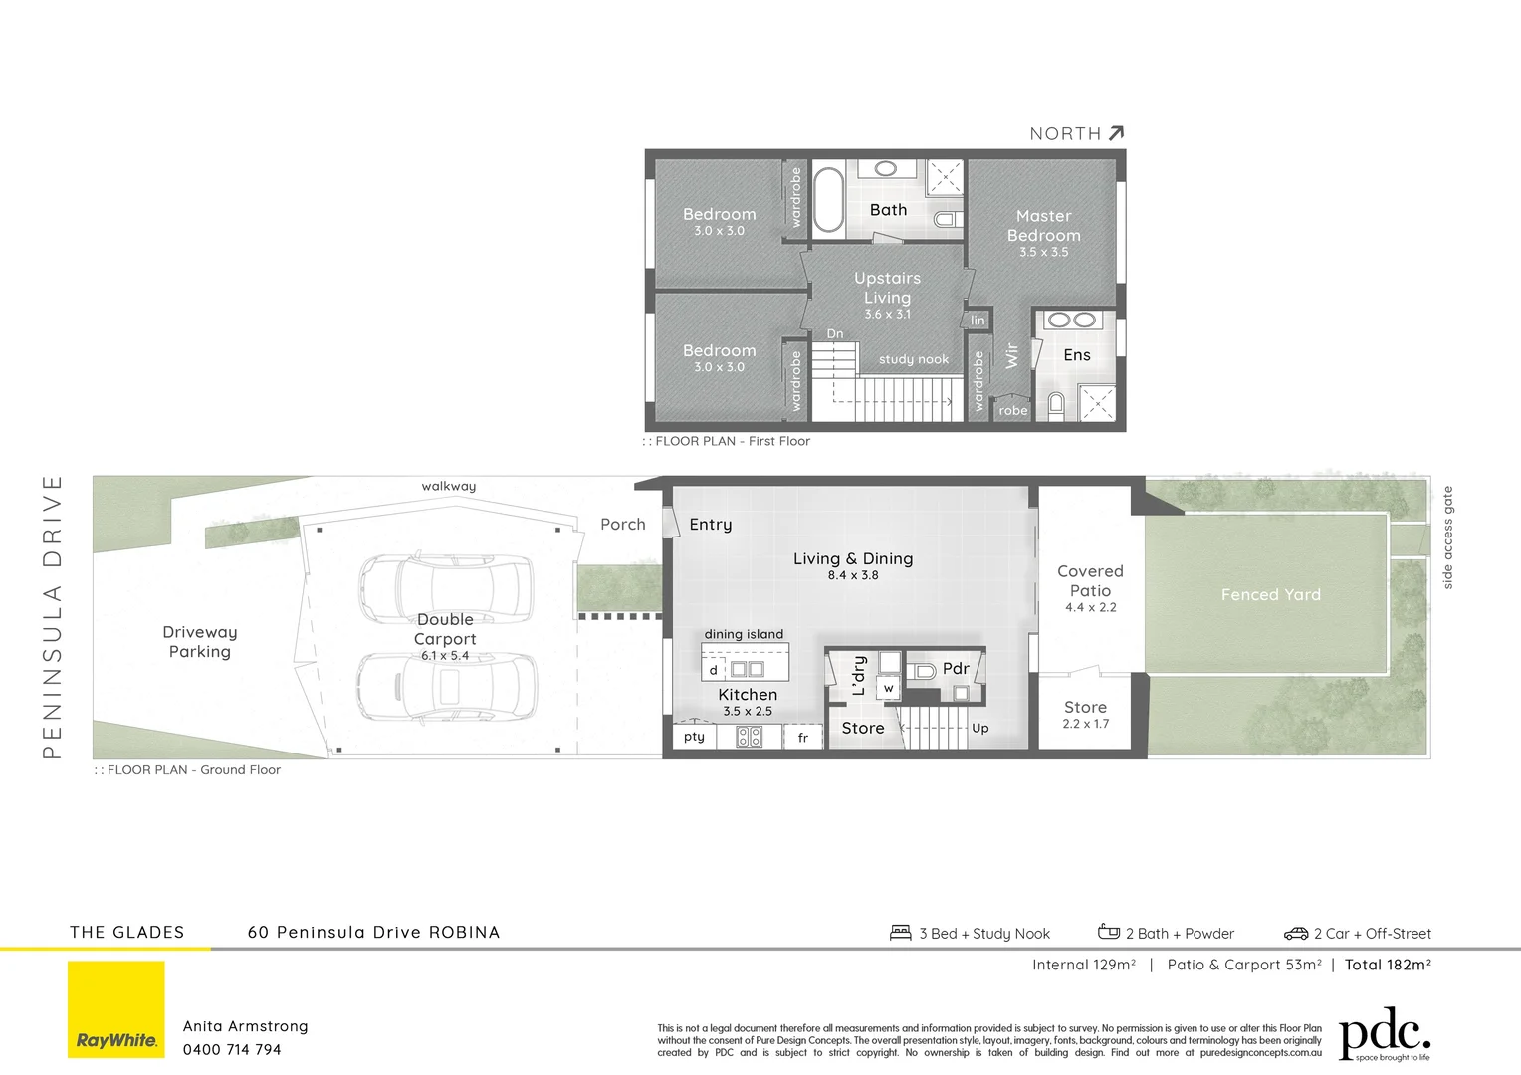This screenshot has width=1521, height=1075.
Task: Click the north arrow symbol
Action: (1116, 133)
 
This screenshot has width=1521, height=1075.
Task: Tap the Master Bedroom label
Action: (1043, 226)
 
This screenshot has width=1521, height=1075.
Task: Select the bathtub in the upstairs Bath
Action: (828, 199)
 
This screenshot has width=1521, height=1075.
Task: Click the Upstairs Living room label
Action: (887, 288)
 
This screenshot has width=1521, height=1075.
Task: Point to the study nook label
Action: (913, 359)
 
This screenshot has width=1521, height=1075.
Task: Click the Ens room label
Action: (1076, 355)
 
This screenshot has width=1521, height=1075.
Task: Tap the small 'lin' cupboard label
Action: (978, 321)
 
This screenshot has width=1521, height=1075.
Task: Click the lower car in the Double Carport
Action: (447, 687)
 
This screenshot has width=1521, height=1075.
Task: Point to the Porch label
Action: (622, 525)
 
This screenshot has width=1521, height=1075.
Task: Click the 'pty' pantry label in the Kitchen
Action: (694, 737)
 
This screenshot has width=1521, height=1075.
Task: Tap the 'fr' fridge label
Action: (802, 738)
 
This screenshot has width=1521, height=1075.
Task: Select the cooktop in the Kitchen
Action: (749, 737)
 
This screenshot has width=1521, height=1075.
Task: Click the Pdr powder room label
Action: (956, 669)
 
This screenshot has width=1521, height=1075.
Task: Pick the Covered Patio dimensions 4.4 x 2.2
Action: (1090, 607)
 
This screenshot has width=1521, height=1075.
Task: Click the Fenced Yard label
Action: (1270, 595)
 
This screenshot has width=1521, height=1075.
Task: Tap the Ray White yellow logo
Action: (116, 1009)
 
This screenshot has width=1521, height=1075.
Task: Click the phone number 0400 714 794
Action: (232, 1050)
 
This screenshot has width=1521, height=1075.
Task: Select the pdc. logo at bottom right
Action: (1384, 1035)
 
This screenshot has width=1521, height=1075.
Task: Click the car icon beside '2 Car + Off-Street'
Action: (1295, 934)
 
